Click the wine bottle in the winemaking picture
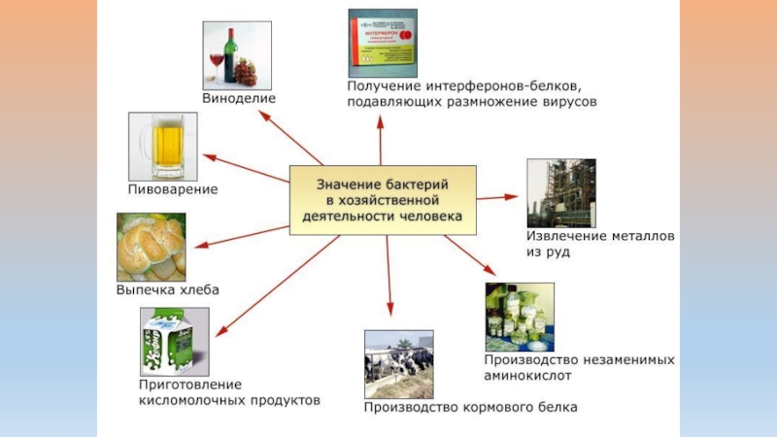click(230, 57)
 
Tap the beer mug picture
click(162, 146)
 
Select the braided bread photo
click(152, 247)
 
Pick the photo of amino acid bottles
click(520, 316)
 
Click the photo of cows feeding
click(398, 364)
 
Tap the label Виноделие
click(239, 98)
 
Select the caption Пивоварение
click(173, 189)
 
